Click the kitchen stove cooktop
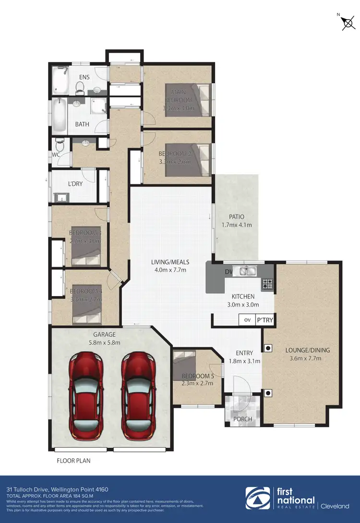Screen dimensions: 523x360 (267, 284)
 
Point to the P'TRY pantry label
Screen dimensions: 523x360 (264, 320)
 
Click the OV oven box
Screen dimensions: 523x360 (248, 320)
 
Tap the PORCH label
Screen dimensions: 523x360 (243, 419)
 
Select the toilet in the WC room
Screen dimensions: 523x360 (60, 144)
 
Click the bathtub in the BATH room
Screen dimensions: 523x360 (60, 116)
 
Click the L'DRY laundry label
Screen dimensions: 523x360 (75, 184)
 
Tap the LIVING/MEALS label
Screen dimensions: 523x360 (170, 262)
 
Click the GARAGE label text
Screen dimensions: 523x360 (105, 334)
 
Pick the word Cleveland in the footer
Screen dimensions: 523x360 (336, 506)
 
